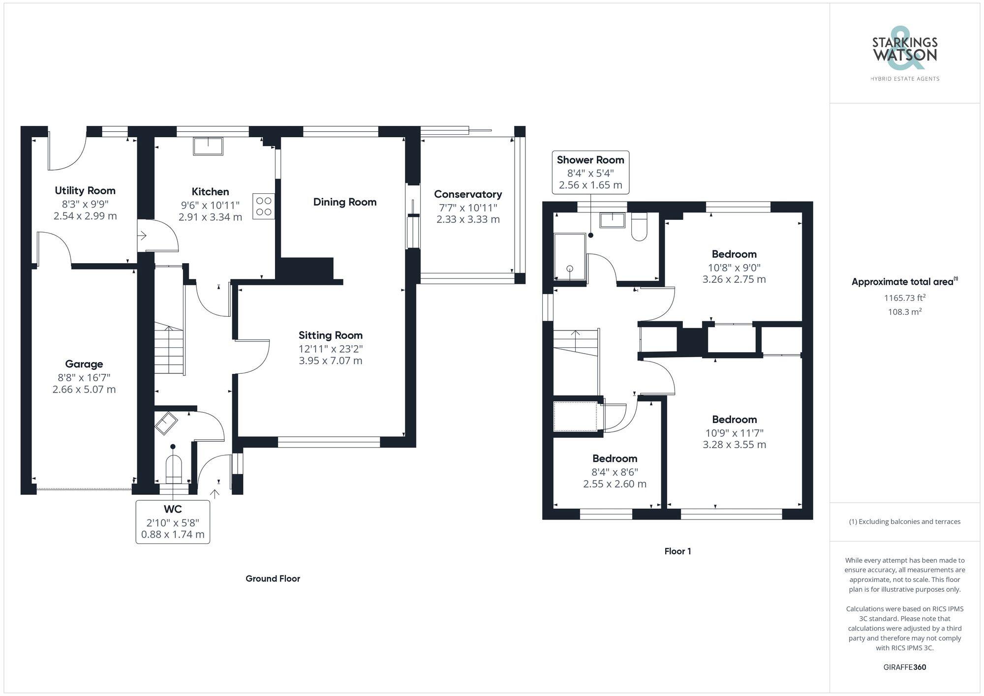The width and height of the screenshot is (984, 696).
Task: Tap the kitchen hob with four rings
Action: pos(264,206)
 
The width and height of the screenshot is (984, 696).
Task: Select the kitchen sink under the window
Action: pos(208,146)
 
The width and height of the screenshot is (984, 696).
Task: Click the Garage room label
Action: pos(84,364)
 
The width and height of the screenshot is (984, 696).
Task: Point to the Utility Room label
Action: pos(85,190)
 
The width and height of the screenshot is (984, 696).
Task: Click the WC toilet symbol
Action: pos(174,470)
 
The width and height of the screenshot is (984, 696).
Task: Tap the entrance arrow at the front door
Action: pos(215,493)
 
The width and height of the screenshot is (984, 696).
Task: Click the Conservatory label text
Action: pos(468,194)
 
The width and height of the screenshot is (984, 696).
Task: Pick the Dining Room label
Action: pos(345,202)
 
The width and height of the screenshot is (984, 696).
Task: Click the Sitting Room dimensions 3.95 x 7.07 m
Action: pos(331,361)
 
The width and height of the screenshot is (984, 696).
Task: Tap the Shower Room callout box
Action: pos(590,172)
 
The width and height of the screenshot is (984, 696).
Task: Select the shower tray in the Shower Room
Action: pos(570,257)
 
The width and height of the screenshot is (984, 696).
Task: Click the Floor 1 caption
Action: pos(677,551)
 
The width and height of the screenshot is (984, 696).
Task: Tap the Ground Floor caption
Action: pos(273,578)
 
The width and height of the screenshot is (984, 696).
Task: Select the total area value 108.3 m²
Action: pos(904,312)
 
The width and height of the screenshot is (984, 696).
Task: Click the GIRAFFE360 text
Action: pos(904,667)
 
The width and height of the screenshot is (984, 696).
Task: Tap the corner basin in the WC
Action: pos(166,423)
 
